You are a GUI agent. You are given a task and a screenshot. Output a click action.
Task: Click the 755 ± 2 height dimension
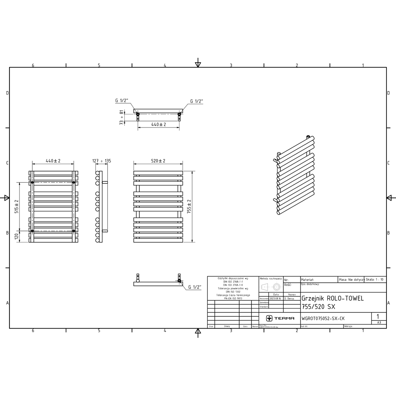[189, 206]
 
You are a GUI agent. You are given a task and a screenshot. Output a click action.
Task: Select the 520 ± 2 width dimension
[158, 161]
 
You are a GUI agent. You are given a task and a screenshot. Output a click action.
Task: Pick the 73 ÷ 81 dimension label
[122, 118]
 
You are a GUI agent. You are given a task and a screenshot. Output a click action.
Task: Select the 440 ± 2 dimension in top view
[158, 124]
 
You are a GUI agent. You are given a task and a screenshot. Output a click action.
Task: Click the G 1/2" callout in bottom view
[195, 287]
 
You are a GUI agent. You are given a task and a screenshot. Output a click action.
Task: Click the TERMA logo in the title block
[280, 318]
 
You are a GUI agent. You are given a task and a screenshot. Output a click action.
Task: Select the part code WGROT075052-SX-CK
[322, 318]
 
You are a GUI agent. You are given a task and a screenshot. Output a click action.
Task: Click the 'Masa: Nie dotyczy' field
[351, 279]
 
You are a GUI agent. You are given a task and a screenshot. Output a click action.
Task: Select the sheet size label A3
[379, 323]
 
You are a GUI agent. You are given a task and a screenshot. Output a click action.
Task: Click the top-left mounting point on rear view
[32, 182]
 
